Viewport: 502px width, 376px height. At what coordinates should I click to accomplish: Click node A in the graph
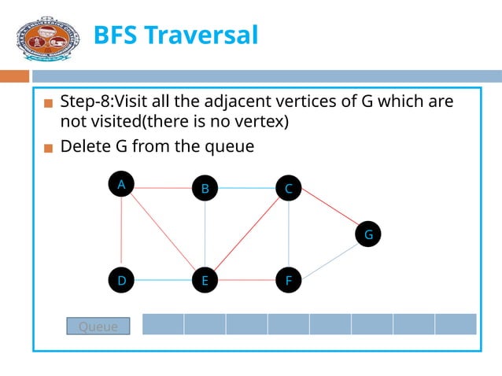pos(121,184)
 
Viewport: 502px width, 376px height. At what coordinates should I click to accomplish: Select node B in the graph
pos(205,188)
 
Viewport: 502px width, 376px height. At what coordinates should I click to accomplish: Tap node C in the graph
pos(289,188)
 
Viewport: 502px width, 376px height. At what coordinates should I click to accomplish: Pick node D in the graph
pos(121,280)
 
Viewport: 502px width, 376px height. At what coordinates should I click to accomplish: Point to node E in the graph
pos(205,280)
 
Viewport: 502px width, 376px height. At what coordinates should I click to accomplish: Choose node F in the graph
pos(289,280)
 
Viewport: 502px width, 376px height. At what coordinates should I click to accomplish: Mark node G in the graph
pos(367,234)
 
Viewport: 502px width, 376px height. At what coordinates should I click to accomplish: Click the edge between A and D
pos(121,232)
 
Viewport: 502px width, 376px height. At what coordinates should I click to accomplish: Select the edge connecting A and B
pos(163,188)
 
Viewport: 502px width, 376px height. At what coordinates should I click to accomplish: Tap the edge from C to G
pos(328,211)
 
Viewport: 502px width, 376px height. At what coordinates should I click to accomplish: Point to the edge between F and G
pos(328,257)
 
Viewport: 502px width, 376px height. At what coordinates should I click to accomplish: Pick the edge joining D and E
pos(163,280)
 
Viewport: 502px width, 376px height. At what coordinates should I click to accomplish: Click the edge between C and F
pos(289,234)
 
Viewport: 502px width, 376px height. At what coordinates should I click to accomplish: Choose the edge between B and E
pos(205,234)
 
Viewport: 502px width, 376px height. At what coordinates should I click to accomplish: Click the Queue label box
pos(98,326)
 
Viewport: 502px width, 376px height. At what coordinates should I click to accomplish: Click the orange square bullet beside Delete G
pos(49,147)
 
